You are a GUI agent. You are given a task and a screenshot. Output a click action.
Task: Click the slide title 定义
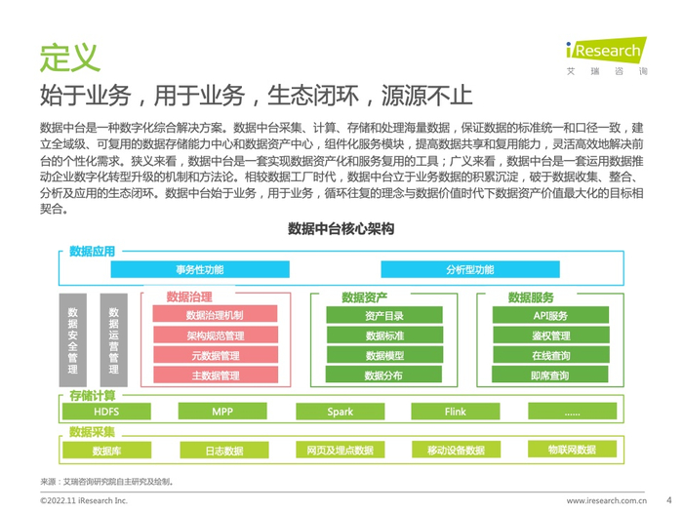coord(69,57)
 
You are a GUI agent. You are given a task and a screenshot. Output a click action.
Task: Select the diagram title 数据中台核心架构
coord(341,229)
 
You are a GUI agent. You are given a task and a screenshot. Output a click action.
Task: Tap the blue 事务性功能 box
coord(200,269)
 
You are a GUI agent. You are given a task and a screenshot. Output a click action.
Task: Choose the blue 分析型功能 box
coord(469,269)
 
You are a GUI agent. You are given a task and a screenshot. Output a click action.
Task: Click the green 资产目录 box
coord(383,316)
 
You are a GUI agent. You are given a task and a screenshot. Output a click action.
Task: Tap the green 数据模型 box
coord(383,356)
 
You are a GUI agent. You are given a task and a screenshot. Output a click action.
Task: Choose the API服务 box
coord(549,316)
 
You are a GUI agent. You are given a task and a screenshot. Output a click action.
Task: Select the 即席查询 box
coord(549,375)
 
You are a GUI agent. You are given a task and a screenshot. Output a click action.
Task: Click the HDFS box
coord(106,413)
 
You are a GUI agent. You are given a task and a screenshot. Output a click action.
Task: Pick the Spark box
coord(340,413)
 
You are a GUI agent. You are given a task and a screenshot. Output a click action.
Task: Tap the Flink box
coord(456,413)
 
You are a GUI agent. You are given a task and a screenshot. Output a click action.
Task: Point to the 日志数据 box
coord(223,451)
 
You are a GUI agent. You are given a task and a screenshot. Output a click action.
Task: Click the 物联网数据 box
coord(572,450)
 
